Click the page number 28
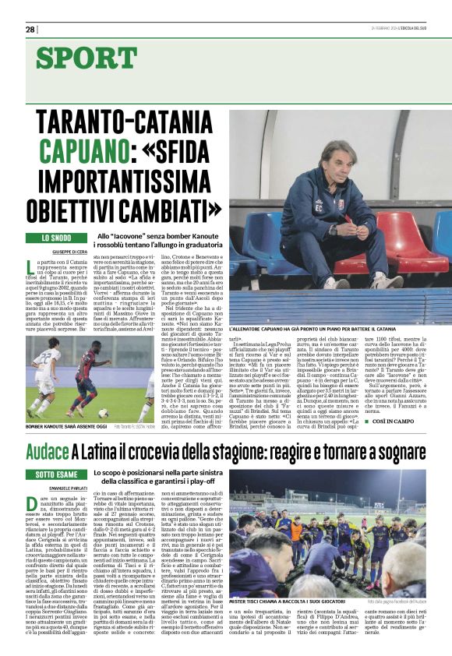pos(30,30)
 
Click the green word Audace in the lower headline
pos(48,453)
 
